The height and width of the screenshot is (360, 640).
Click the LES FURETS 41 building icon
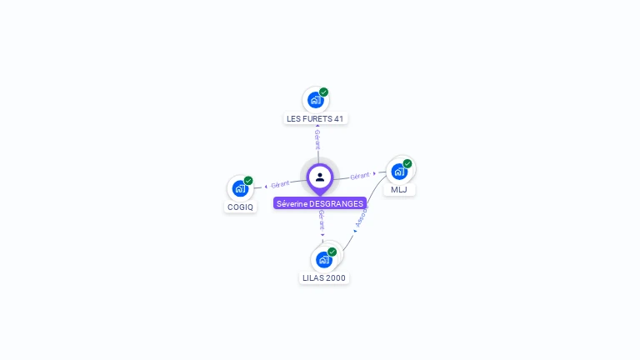(315, 101)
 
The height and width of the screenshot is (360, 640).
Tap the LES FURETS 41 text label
(315, 119)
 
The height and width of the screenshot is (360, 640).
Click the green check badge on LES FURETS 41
(324, 92)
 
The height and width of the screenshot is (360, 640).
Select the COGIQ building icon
(240, 188)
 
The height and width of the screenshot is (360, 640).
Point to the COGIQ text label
(240, 207)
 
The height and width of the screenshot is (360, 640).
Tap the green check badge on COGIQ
(248, 181)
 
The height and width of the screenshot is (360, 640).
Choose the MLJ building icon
(399, 172)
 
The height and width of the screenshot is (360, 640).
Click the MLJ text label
(399, 190)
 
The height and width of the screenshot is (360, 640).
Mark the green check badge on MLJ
(407, 164)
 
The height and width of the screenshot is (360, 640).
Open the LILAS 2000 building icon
(323, 260)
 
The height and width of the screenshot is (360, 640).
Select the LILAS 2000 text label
(324, 278)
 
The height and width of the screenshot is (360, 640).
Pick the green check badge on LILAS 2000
(332, 252)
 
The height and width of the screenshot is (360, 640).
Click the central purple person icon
(320, 177)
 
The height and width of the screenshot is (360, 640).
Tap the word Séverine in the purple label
(292, 203)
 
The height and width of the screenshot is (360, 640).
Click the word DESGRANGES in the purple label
(337, 203)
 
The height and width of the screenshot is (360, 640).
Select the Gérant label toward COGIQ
(280, 184)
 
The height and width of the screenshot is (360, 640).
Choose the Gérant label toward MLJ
(360, 176)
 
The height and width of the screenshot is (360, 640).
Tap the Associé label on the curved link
(362, 219)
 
